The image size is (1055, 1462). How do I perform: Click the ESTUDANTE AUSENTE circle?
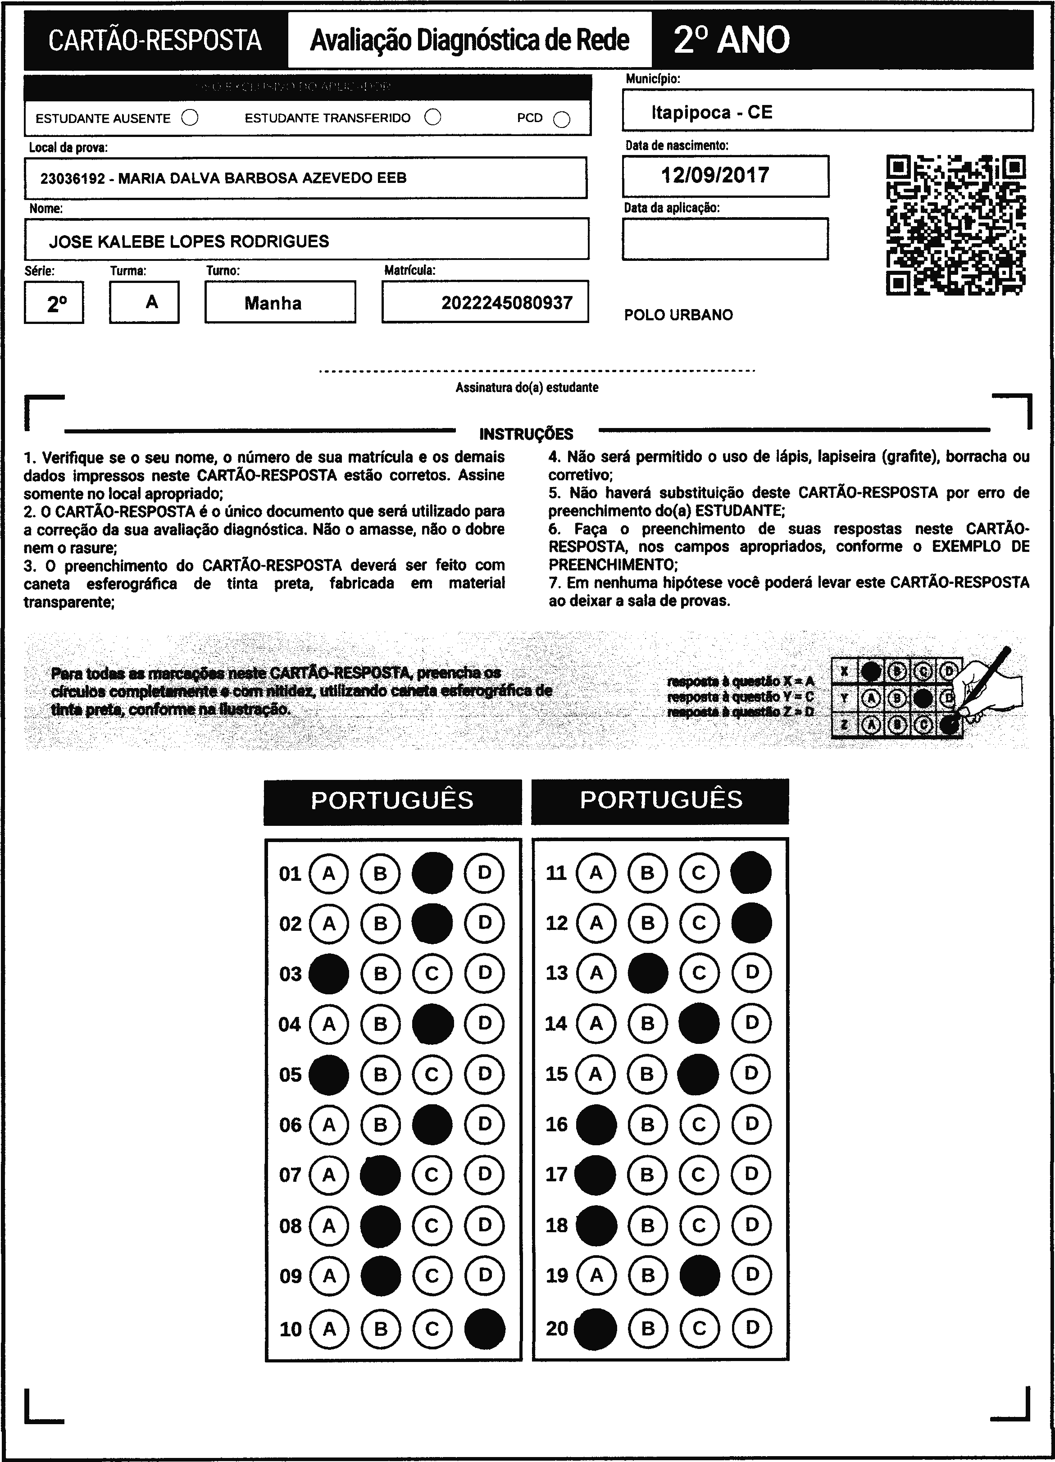coord(190,118)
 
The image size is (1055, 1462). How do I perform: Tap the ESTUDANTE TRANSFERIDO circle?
coord(433,117)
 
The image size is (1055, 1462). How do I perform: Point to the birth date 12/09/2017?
coord(715,175)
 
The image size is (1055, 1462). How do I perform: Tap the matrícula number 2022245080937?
coord(507,303)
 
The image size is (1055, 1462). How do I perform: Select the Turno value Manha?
coord(273,303)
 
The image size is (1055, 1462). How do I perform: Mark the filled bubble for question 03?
coord(329,973)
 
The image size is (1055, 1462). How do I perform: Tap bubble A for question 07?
coord(329,1175)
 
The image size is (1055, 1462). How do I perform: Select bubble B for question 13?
coord(648,973)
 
